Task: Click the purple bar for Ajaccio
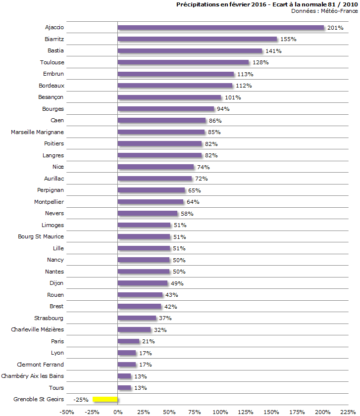coord(220,28)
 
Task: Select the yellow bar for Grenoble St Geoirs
coord(105,399)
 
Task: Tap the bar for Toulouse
coord(183,62)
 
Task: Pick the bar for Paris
coord(128,341)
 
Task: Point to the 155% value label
coord(288,39)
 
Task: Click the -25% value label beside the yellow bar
coord(81,399)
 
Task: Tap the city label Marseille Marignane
coord(37,132)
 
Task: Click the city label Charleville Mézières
coord(37,329)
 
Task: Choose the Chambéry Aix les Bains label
coord(33,376)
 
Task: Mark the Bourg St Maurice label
coord(41,236)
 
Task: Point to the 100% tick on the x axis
coord(220,412)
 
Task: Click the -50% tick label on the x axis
coord(66,412)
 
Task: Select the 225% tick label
coord(348,412)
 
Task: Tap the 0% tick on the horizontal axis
coord(118,412)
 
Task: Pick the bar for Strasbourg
coord(137,318)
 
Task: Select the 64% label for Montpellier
coord(193,202)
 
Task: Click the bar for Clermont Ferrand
coord(127,365)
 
